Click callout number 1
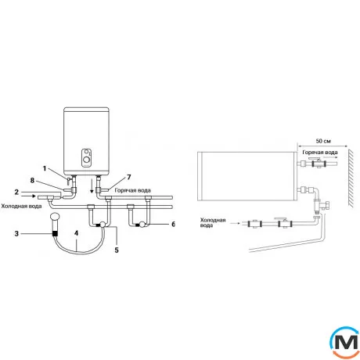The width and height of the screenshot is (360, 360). coord(45,168)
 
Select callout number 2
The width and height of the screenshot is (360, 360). coord(16,193)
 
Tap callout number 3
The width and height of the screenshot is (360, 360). coord(16,233)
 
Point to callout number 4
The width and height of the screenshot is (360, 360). coord(76,233)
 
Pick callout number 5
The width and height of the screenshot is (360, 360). coord(117,250)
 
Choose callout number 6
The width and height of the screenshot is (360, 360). coord(173,224)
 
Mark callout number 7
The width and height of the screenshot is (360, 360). coord(129,178)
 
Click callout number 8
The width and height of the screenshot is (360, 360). coord(32,180)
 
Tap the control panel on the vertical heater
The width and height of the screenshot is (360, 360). coord(86,158)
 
